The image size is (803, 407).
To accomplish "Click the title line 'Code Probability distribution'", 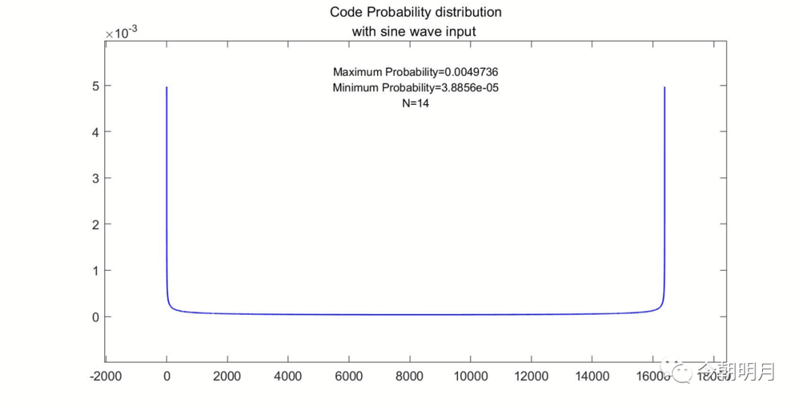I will click(x=415, y=12).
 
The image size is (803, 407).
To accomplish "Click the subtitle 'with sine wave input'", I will click(x=415, y=31).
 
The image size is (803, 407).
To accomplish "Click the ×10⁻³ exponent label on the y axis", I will click(x=120, y=33).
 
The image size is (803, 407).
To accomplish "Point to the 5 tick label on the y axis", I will click(x=86, y=86).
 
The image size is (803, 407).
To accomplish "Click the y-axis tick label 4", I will click(x=86, y=132).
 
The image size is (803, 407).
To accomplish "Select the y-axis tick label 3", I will click(x=86, y=178).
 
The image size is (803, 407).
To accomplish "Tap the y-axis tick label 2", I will click(x=86, y=224).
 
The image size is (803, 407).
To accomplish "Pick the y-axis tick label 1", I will click(x=86, y=270).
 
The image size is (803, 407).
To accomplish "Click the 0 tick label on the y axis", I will click(x=86, y=316).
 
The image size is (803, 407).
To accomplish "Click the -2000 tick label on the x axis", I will click(x=104, y=376).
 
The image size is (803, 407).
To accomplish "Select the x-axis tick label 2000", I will click(x=227, y=376).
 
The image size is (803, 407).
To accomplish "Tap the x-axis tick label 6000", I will click(x=348, y=376).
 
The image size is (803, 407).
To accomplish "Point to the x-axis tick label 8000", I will click(x=409, y=376).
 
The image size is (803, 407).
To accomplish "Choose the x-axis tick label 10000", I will click(x=470, y=376).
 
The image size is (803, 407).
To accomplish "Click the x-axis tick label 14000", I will click(x=591, y=376).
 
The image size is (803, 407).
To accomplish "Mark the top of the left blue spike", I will click(x=167, y=87).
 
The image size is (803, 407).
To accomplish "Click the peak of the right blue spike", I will click(x=664, y=87).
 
